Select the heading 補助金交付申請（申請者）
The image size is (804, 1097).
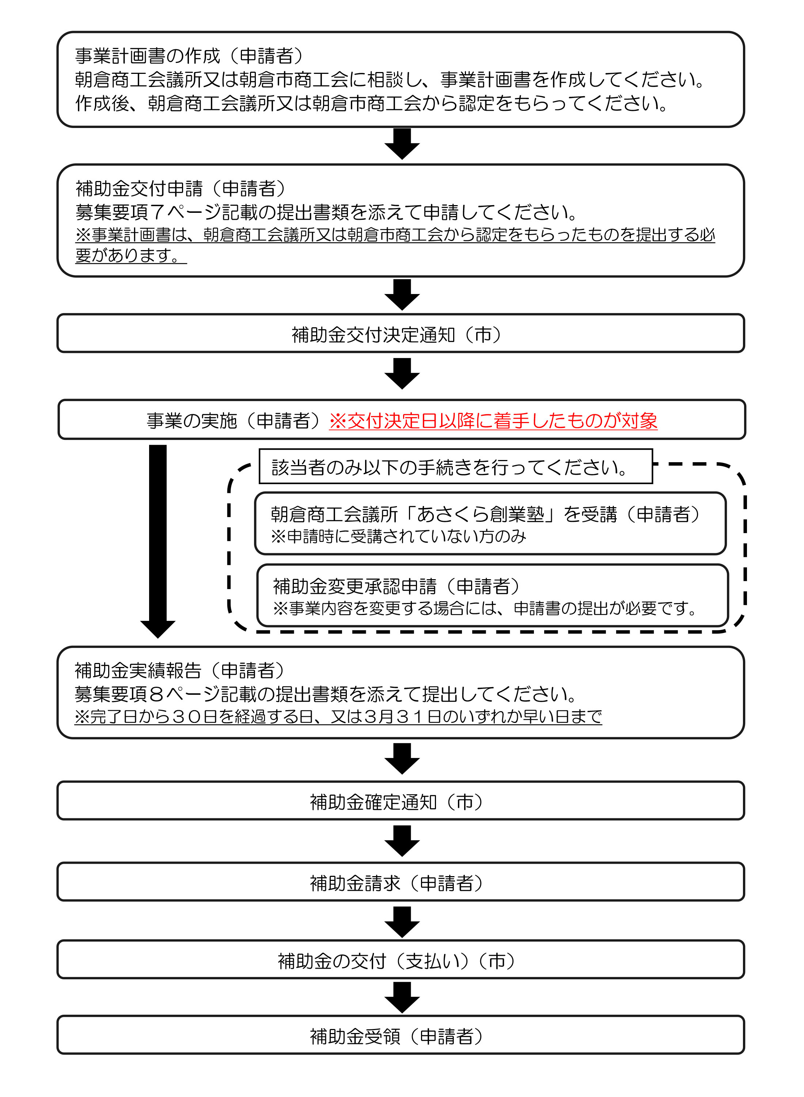(x=180, y=188)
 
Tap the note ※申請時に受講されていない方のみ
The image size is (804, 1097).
(x=398, y=536)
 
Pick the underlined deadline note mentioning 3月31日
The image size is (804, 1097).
(x=338, y=716)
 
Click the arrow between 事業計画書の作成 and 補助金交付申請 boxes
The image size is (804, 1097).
(x=402, y=144)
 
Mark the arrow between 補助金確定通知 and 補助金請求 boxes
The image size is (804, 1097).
(x=402, y=841)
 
